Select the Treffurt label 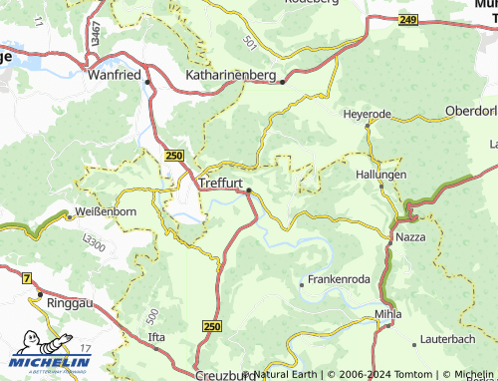click(223, 183)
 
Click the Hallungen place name click(380, 174)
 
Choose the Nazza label click(410, 238)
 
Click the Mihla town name click(387, 314)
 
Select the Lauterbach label click(448, 340)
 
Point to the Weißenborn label click(106, 211)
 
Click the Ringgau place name click(69, 299)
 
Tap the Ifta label click(156, 337)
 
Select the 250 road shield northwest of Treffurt click(174, 156)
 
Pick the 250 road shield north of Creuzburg click(212, 326)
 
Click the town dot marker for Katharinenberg click(283, 82)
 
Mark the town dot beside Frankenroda click(302, 284)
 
